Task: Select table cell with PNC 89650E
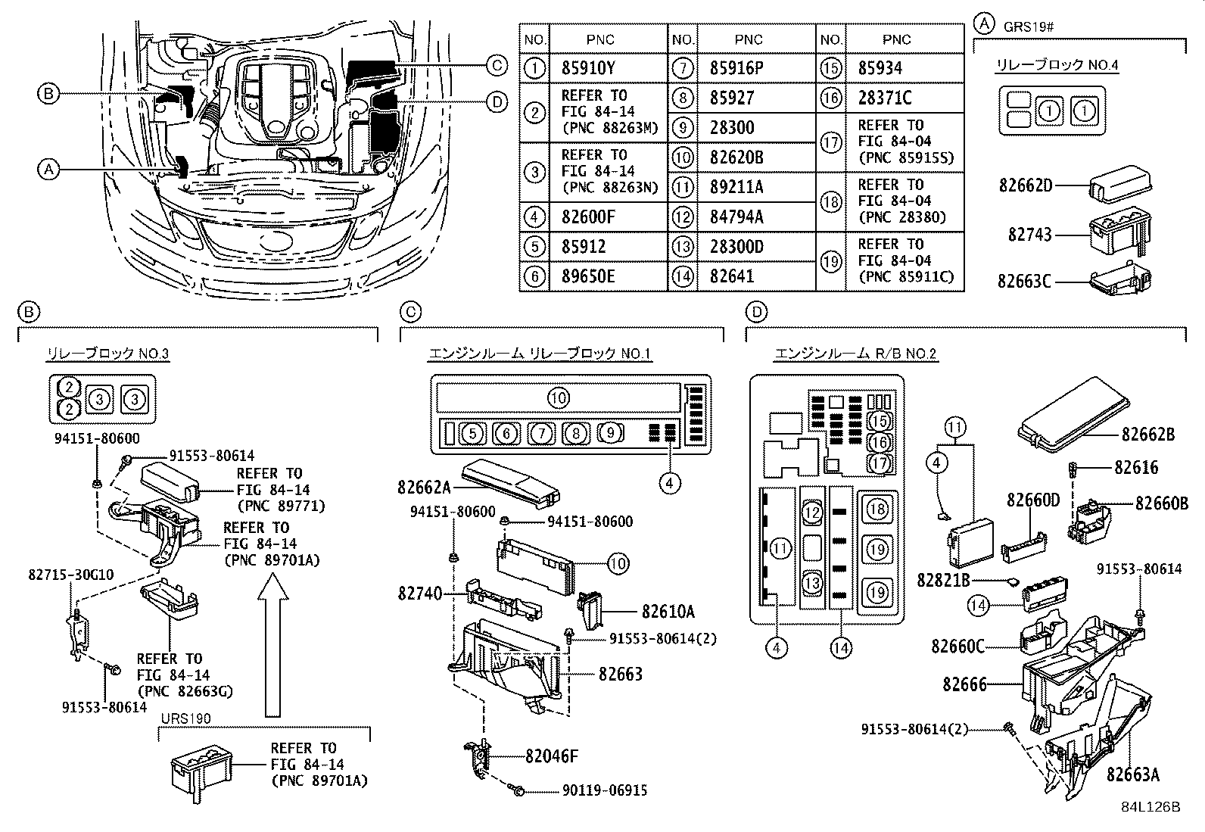point(588,276)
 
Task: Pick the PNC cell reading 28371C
point(885,98)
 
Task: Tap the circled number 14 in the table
point(683,276)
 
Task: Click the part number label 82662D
point(1025,185)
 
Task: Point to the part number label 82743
point(1029,235)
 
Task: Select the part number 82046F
point(552,755)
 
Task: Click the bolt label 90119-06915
point(605,790)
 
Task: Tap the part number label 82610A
point(668,611)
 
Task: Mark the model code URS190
point(185,718)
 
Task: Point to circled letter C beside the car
point(496,66)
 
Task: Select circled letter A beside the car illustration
point(48,170)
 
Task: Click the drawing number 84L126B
point(1151,806)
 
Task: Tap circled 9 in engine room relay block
point(612,433)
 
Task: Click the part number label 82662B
point(1147,435)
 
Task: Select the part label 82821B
point(942,580)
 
